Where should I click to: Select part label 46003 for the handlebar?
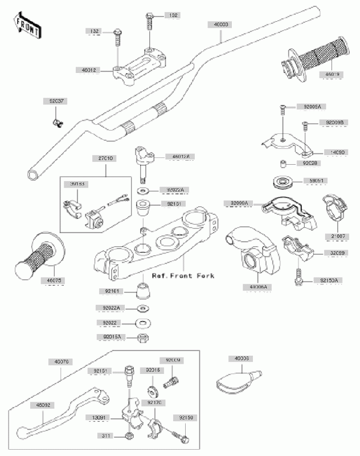pyautogui.click(x=222, y=25)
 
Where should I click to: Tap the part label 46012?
pyautogui.click(x=91, y=70)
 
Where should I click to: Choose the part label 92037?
pyautogui.click(x=56, y=101)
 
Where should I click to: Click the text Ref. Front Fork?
pyautogui.click(x=183, y=276)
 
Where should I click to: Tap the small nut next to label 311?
pyautogui.click(x=129, y=436)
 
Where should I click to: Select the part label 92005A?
pyautogui.click(x=312, y=107)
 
